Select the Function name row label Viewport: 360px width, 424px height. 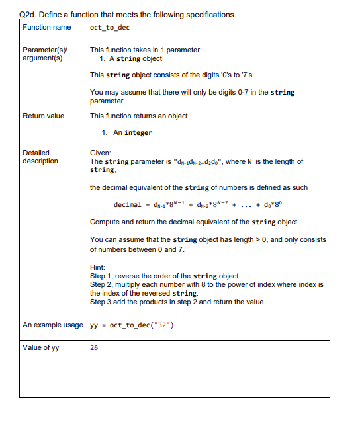click(47, 28)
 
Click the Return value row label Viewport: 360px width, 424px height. click(44, 116)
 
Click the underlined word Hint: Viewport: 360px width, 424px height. click(97, 268)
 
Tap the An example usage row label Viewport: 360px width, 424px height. click(53, 325)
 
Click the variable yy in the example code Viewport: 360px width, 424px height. click(94, 325)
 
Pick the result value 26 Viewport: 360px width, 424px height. click(94, 348)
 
